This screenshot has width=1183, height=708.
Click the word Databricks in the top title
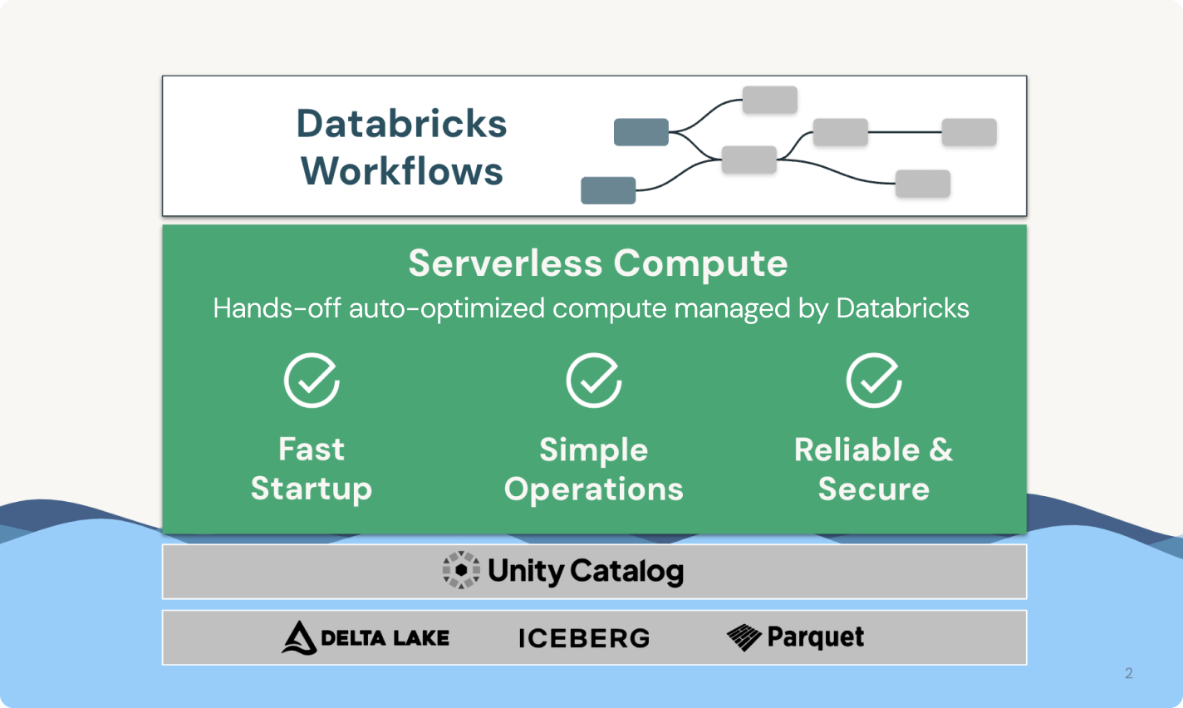(401, 124)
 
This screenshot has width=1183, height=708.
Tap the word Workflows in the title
(402, 171)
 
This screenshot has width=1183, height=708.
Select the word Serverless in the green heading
(505, 263)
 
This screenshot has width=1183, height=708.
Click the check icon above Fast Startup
(312, 381)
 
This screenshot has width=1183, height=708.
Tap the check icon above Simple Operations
(594, 381)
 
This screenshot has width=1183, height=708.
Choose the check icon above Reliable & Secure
(874, 381)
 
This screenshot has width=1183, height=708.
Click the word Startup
(312, 489)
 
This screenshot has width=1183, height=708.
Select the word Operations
(594, 489)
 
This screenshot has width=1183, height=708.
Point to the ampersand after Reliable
(941, 450)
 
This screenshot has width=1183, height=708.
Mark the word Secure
(874, 489)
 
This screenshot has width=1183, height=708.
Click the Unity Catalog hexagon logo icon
(461, 571)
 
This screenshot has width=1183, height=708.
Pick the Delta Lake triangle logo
(299, 638)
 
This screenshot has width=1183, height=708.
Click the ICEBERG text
(584, 638)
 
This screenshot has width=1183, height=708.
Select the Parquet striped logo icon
(744, 637)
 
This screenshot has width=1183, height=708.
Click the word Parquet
(816, 637)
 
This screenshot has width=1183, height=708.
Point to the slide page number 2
(1128, 673)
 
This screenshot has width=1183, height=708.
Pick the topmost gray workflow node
(770, 100)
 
